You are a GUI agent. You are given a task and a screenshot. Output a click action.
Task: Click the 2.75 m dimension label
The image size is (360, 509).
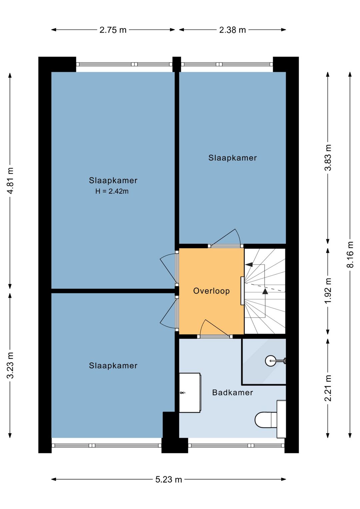(113, 30)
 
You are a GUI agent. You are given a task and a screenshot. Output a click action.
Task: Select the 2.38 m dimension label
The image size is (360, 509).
(233, 30)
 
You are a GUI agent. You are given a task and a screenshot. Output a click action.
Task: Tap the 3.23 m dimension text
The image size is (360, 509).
(10, 365)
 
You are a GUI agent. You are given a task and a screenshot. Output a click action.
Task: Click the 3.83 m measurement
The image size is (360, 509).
(328, 157)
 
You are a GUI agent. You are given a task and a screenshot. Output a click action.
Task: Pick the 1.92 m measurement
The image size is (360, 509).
(328, 291)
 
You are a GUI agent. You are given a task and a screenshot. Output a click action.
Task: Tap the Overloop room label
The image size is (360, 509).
(211, 291)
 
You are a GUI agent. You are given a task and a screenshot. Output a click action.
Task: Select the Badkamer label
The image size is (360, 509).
(233, 393)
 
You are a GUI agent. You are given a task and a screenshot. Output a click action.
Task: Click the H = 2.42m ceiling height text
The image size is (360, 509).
(112, 191)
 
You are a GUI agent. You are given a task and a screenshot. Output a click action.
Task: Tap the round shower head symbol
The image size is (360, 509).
(271, 361)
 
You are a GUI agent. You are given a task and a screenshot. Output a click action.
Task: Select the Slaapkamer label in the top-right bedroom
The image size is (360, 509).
(233, 158)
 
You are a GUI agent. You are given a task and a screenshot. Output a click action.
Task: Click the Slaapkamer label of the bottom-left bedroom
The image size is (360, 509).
(113, 366)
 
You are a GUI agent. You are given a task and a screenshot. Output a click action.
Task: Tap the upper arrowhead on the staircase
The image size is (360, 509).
(249, 265)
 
